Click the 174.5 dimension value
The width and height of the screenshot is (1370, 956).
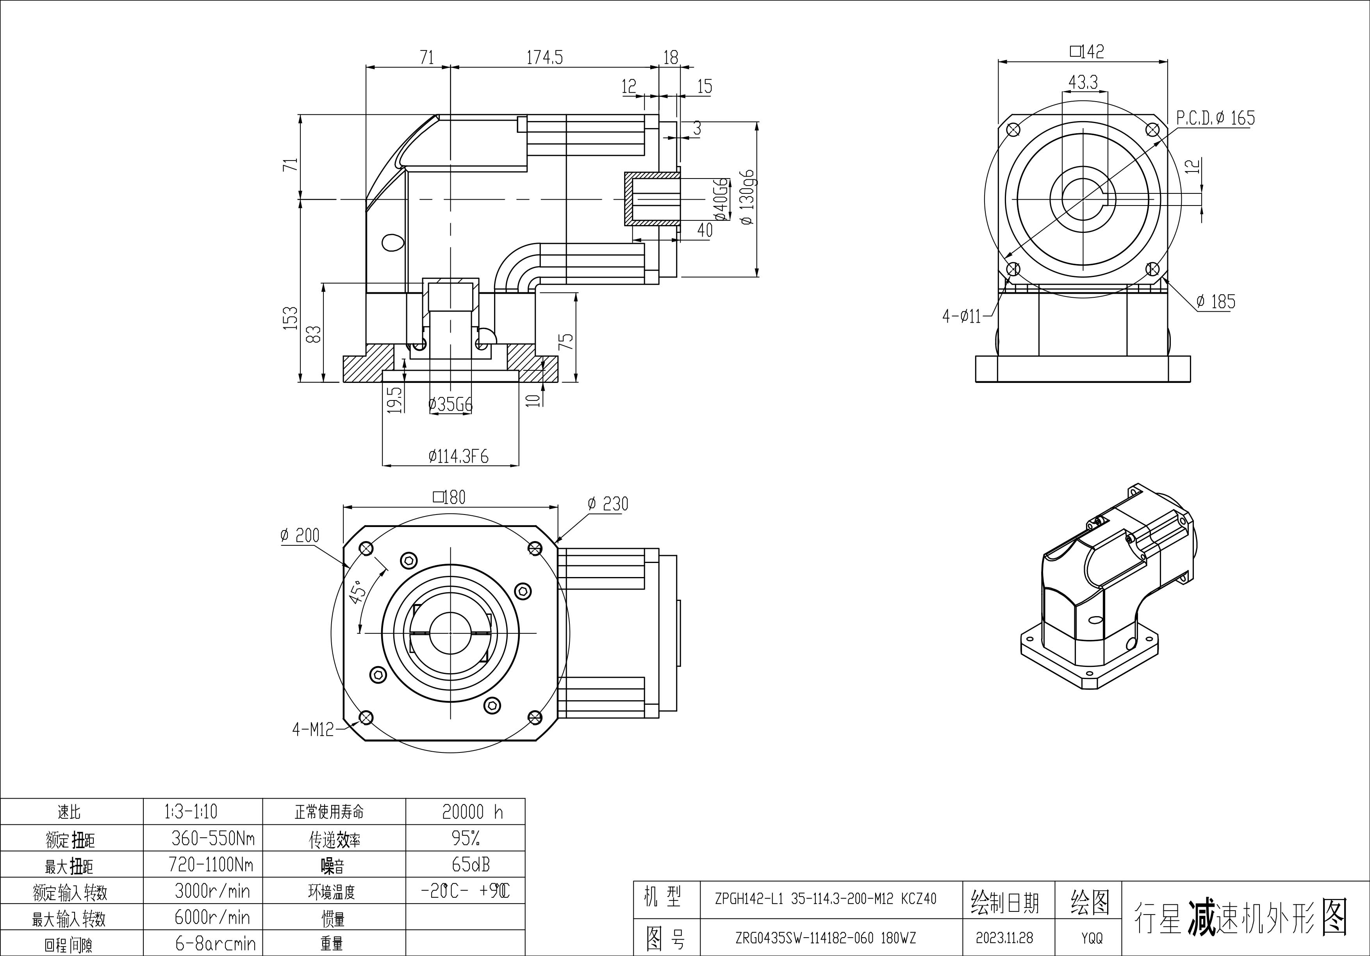pos(544,57)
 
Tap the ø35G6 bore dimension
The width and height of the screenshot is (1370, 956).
pos(451,405)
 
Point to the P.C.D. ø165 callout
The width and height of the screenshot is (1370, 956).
pos(1215,118)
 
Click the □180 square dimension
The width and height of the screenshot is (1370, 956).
pos(449,497)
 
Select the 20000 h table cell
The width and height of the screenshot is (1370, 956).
pos(472,811)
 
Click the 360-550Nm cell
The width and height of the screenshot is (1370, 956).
pos(213,838)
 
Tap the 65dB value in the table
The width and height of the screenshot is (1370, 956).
pos(471,864)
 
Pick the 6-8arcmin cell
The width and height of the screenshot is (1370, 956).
pos(215,943)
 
